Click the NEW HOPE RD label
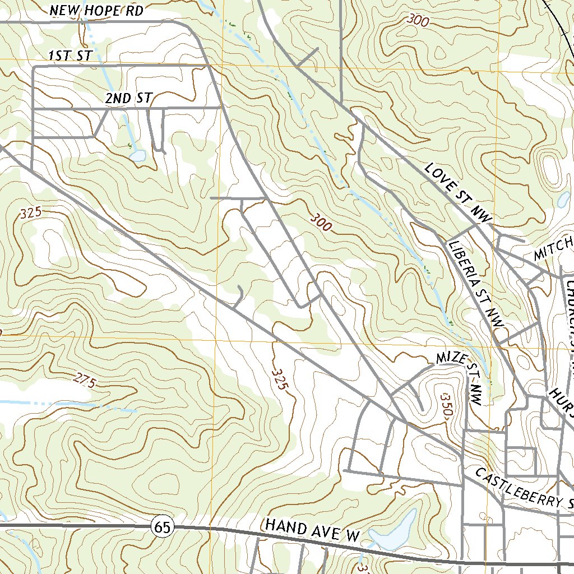point(96,11)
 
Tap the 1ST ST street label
point(70,55)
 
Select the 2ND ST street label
point(128,99)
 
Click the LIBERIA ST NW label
point(476,284)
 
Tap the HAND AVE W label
point(312,530)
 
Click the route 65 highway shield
point(163,527)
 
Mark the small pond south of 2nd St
point(137,155)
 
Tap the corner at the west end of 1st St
point(34,66)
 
